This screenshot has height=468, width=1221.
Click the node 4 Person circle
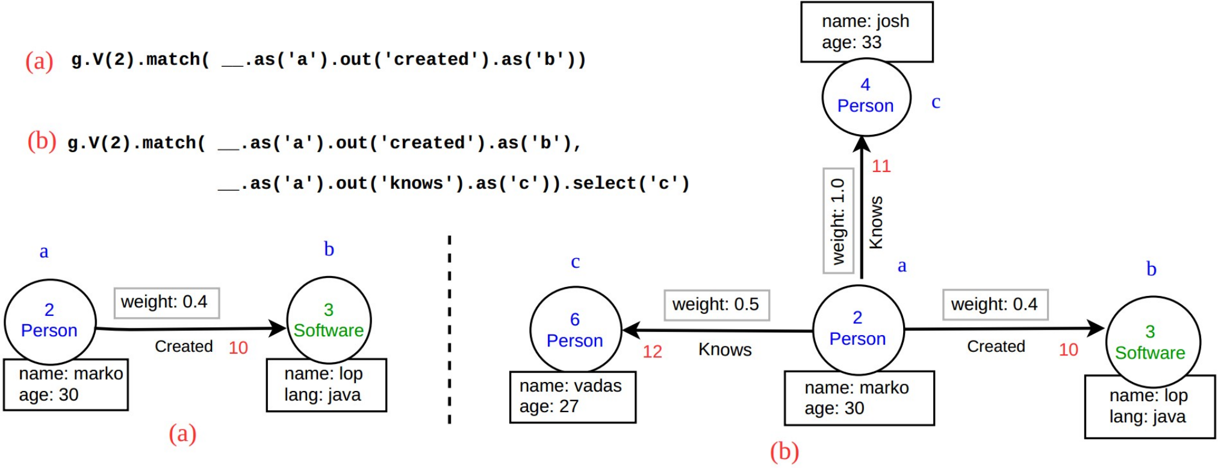[866, 97]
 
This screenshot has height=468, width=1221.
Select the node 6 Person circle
[575, 330]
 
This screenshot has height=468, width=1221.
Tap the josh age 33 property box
[866, 32]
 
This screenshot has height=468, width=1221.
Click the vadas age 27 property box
[573, 397]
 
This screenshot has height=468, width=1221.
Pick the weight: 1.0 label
[838, 221]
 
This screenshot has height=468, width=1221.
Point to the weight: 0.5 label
[716, 305]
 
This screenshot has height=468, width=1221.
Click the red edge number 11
[881, 166]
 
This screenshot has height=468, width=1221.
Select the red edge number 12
[652, 351]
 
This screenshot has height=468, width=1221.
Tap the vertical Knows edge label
[876, 222]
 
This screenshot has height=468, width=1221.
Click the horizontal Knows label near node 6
[725, 349]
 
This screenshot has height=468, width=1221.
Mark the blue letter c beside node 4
[936, 102]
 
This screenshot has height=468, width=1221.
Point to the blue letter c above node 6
[576, 262]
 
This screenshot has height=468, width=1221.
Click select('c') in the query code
[630, 183]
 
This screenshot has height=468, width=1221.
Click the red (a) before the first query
[39, 61]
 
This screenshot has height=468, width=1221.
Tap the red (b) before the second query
[42, 141]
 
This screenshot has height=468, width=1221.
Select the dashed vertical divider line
[449, 330]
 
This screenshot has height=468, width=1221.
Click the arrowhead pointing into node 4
[862, 143]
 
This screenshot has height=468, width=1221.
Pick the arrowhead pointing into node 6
[630, 330]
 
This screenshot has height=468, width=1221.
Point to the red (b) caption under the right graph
[784, 452]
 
